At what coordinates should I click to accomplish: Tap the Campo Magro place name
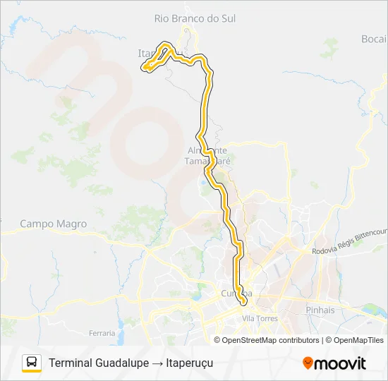click(x=54, y=224)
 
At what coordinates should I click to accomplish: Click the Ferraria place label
click(x=102, y=332)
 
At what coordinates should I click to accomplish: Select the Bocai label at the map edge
click(x=374, y=39)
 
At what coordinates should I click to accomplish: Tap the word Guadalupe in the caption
click(x=121, y=363)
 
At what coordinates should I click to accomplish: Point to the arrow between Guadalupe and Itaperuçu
click(x=159, y=363)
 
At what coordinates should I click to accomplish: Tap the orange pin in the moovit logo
click(x=308, y=363)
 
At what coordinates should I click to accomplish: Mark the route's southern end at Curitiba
click(x=243, y=302)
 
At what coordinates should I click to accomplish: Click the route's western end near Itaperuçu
click(x=145, y=68)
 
